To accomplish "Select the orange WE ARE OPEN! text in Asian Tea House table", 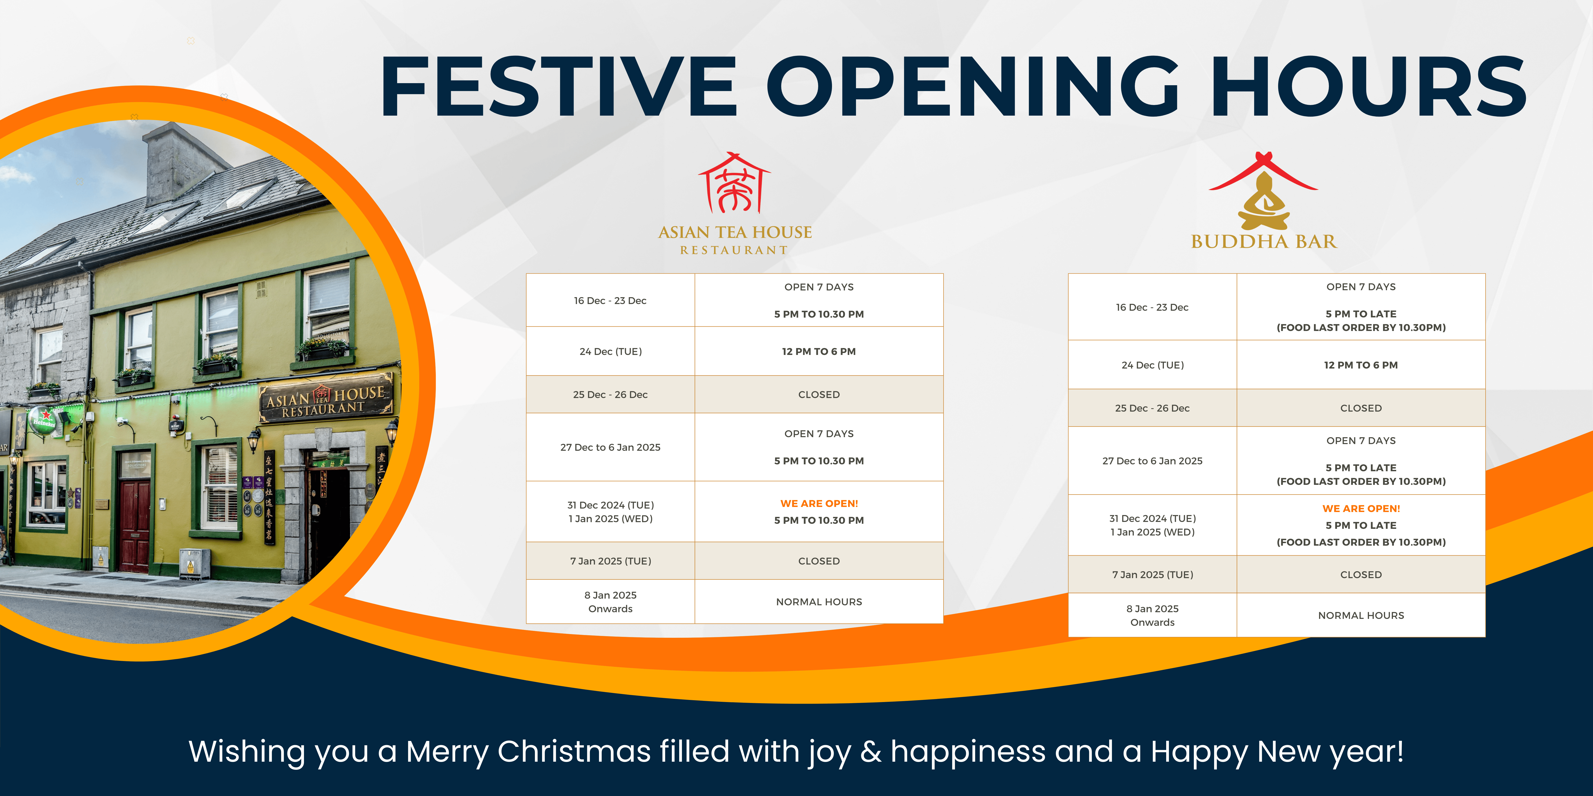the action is tap(819, 504).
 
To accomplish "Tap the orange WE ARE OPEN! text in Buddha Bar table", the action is tap(1361, 509).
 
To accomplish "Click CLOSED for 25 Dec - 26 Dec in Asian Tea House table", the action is tap(819, 394).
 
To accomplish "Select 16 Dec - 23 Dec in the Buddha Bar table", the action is tap(1152, 307).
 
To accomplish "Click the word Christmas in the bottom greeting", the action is tap(574, 752).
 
